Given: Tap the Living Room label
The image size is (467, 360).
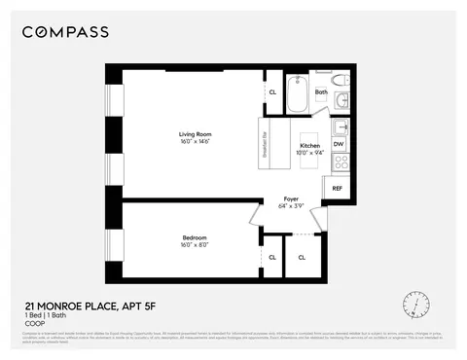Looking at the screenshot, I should pos(196,134).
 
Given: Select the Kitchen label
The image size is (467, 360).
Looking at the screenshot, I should pos(309,145).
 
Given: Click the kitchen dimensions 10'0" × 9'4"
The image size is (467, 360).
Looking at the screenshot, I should pos(309,153).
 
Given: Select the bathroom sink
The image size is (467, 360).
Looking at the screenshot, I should pos(339,126).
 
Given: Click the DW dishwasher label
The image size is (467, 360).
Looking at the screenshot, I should pos(339,144).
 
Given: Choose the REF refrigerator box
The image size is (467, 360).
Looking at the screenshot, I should pos(338,188).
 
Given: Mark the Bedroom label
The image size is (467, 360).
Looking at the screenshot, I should pos(194,237).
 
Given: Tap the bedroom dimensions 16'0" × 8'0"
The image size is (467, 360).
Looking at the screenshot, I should pos(194,245).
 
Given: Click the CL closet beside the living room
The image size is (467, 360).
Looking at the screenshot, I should pos(271,93).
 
